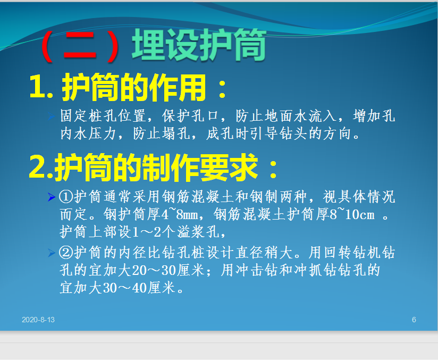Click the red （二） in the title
click(80, 46)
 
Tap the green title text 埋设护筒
click(199, 45)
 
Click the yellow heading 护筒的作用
click(134, 88)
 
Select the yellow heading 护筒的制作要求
click(156, 167)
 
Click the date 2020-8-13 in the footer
click(38, 320)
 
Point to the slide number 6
click(414, 320)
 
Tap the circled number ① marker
click(66, 197)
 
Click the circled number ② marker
click(66, 253)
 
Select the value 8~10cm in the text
click(352, 215)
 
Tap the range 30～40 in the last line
click(125, 288)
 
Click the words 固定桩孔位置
click(103, 116)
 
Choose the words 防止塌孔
click(162, 133)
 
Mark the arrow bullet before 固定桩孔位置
click(52, 116)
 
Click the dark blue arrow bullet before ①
click(52, 197)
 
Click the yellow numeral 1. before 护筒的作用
click(41, 88)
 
